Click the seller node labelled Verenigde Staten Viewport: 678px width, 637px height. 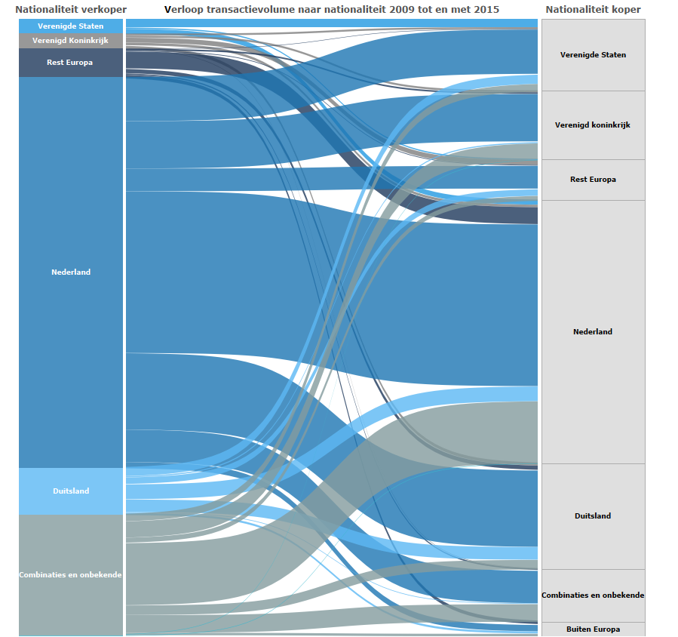coord(71,26)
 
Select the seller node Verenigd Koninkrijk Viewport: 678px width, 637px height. coord(71,41)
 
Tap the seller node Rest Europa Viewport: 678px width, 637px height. coord(70,63)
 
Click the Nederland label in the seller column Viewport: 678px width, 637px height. coord(71,272)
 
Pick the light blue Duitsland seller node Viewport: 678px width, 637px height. coord(71,491)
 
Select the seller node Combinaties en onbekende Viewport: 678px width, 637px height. coord(71,575)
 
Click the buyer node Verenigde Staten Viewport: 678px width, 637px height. coord(593,55)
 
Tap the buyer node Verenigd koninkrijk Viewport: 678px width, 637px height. coord(593,125)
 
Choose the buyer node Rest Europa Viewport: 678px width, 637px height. coord(593,180)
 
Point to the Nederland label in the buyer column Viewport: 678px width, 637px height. coord(593,332)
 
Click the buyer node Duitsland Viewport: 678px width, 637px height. coord(593,516)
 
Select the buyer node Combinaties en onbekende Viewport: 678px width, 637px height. coord(593,595)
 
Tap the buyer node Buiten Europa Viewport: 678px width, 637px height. coord(593,629)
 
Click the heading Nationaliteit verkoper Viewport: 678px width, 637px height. coord(71,9)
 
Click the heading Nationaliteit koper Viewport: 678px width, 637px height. coord(593,9)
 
